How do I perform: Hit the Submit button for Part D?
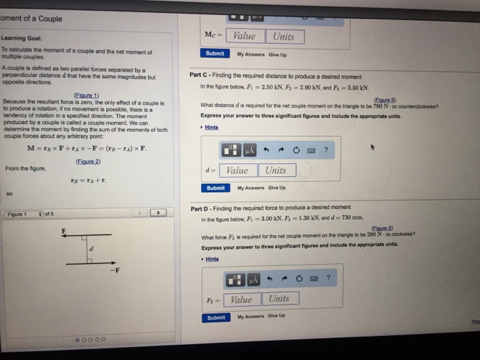(216, 317)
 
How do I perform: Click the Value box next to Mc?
(244, 36)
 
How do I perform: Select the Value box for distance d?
(237, 170)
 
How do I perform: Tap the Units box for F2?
(279, 298)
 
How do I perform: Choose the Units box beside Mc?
(283, 36)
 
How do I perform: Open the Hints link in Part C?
(212, 128)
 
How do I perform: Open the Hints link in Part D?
(212, 259)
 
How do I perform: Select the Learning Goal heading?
(23, 38)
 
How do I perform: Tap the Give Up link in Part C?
(278, 188)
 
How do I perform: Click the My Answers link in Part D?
(250, 317)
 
